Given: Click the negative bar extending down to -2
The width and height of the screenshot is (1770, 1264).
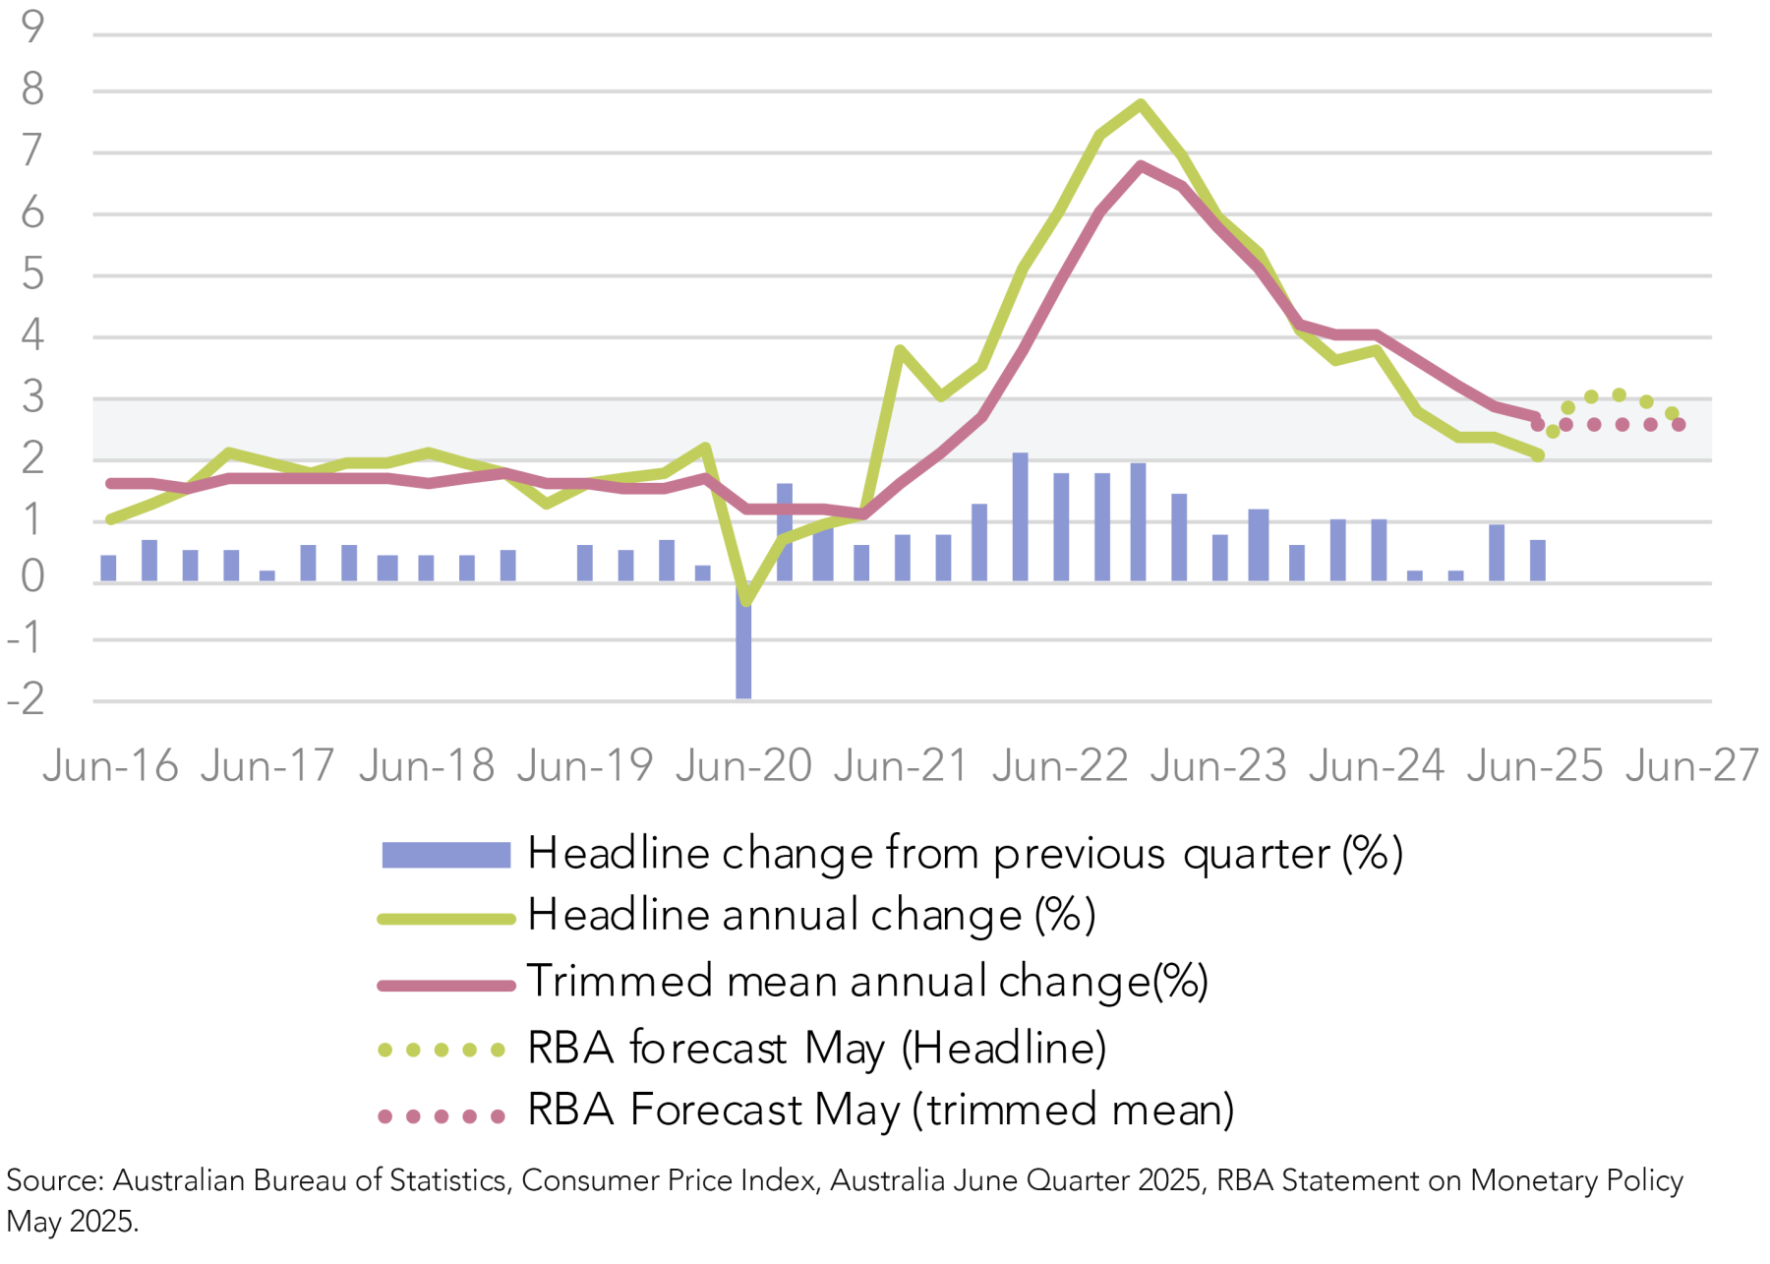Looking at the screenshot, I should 743,644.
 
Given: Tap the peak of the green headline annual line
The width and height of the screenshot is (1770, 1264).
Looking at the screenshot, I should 1140,103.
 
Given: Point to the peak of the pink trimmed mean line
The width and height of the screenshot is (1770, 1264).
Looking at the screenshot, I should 1140,165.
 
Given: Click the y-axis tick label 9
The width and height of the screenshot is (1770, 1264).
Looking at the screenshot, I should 32,27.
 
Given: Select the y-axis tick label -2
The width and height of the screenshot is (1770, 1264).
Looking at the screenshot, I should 27,699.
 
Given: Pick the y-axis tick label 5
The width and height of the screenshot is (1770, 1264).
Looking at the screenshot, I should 32,274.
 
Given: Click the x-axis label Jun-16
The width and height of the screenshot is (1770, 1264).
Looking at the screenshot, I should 110,765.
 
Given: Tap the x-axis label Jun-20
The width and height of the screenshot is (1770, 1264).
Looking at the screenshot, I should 743,765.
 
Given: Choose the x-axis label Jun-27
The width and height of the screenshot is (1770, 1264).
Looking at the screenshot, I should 1691,765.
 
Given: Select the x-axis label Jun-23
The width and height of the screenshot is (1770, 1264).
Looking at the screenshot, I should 1218,765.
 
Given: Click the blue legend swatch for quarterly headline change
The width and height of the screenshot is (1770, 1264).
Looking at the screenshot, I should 445,855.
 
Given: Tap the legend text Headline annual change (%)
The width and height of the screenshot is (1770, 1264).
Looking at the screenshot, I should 811,916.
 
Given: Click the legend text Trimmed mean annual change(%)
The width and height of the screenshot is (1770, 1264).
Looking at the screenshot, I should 867,981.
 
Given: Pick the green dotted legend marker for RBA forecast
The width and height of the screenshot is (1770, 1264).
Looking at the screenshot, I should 442,1050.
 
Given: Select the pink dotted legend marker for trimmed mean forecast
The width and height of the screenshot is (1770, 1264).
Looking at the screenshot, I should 442,1115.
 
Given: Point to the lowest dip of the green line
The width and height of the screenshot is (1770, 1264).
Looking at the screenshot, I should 745,601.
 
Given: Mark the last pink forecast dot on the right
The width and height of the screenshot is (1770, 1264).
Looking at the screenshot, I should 1679,425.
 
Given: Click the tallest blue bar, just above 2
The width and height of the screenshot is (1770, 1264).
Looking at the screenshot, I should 1020,516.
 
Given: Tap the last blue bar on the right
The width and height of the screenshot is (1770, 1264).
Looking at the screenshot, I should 1538,561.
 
